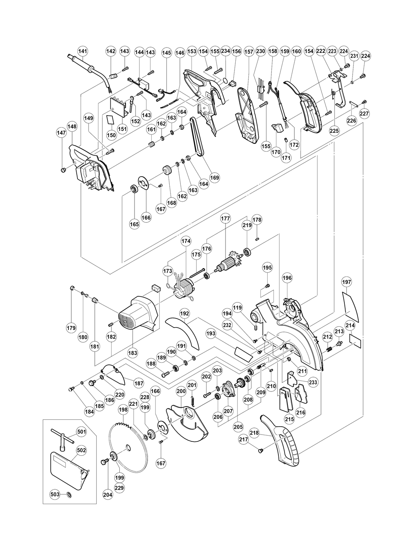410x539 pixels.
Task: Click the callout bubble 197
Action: pos(347,282)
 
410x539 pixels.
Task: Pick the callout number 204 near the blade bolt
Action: pos(107,495)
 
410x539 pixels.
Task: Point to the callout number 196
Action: pos(287,278)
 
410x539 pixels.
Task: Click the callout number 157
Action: pos(249,51)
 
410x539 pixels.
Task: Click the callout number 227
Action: pos(364,114)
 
